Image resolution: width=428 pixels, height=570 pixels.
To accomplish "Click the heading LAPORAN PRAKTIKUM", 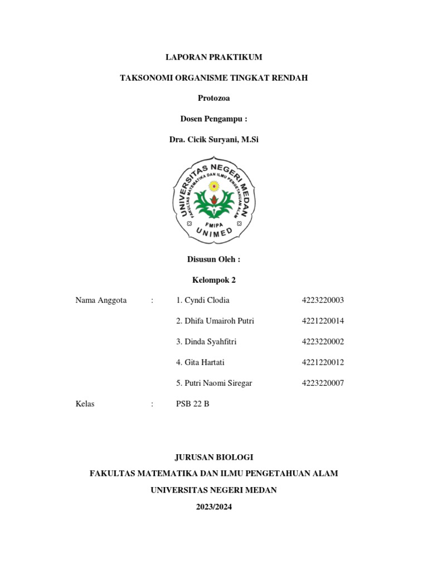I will click(x=214, y=57).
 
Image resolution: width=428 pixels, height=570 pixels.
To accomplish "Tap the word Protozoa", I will click(x=214, y=99).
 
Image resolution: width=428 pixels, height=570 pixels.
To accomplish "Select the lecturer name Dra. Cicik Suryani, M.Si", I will click(x=214, y=140).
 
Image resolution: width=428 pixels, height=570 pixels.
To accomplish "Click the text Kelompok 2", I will click(x=214, y=280).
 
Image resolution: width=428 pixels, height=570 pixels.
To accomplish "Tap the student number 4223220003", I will click(x=323, y=301).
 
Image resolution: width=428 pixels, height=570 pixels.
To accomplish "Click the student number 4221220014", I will click(x=323, y=321).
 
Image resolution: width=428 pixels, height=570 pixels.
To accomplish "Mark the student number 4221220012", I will click(x=323, y=362).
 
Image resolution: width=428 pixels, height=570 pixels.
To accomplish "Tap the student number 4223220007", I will click(x=323, y=383).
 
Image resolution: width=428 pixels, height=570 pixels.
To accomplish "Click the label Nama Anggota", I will click(x=101, y=301).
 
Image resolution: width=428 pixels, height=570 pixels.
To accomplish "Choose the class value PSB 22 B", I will click(x=192, y=404).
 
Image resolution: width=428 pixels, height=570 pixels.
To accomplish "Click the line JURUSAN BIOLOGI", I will click(x=214, y=457).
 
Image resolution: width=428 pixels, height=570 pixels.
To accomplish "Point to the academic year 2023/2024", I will click(x=214, y=507).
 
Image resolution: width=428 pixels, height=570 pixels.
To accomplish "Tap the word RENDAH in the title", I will click(x=289, y=78).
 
